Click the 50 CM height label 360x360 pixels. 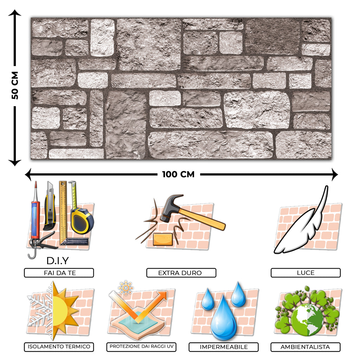click(x=15, y=85)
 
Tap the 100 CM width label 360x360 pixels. click(x=178, y=174)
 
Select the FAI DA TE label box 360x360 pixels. click(x=59, y=273)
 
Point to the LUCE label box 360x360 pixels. click(x=306, y=273)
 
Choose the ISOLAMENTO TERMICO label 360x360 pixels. click(x=59, y=347)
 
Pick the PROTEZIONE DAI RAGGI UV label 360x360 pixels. click(x=141, y=347)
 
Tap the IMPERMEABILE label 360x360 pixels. click(x=224, y=347)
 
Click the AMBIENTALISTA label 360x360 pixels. click(x=306, y=347)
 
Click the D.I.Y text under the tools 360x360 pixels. click(x=58, y=261)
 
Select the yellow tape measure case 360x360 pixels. click(x=82, y=221)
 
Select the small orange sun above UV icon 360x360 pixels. click(x=126, y=288)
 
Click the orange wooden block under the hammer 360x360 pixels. click(x=163, y=239)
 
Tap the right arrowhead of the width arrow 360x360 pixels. click(x=335, y=174)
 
